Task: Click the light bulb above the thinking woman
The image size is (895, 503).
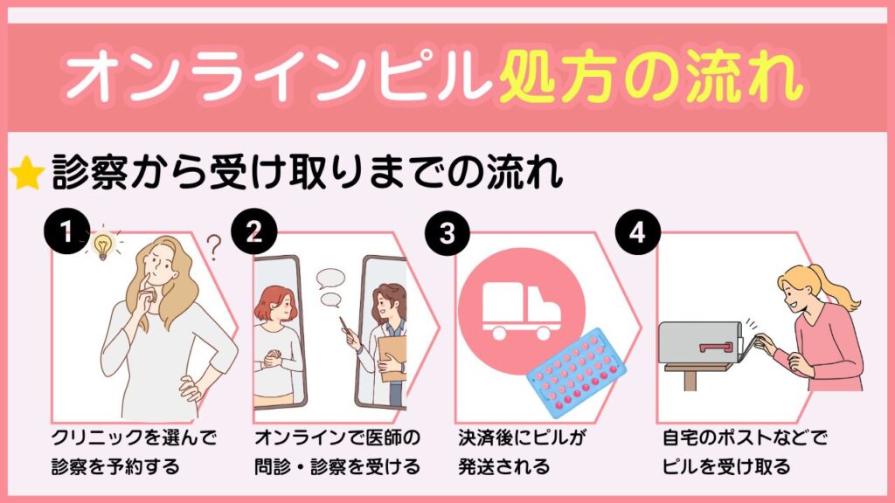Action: coord(103,247)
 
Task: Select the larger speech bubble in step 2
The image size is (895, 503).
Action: coord(331,279)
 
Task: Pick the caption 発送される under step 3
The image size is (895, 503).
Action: coord(504,466)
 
